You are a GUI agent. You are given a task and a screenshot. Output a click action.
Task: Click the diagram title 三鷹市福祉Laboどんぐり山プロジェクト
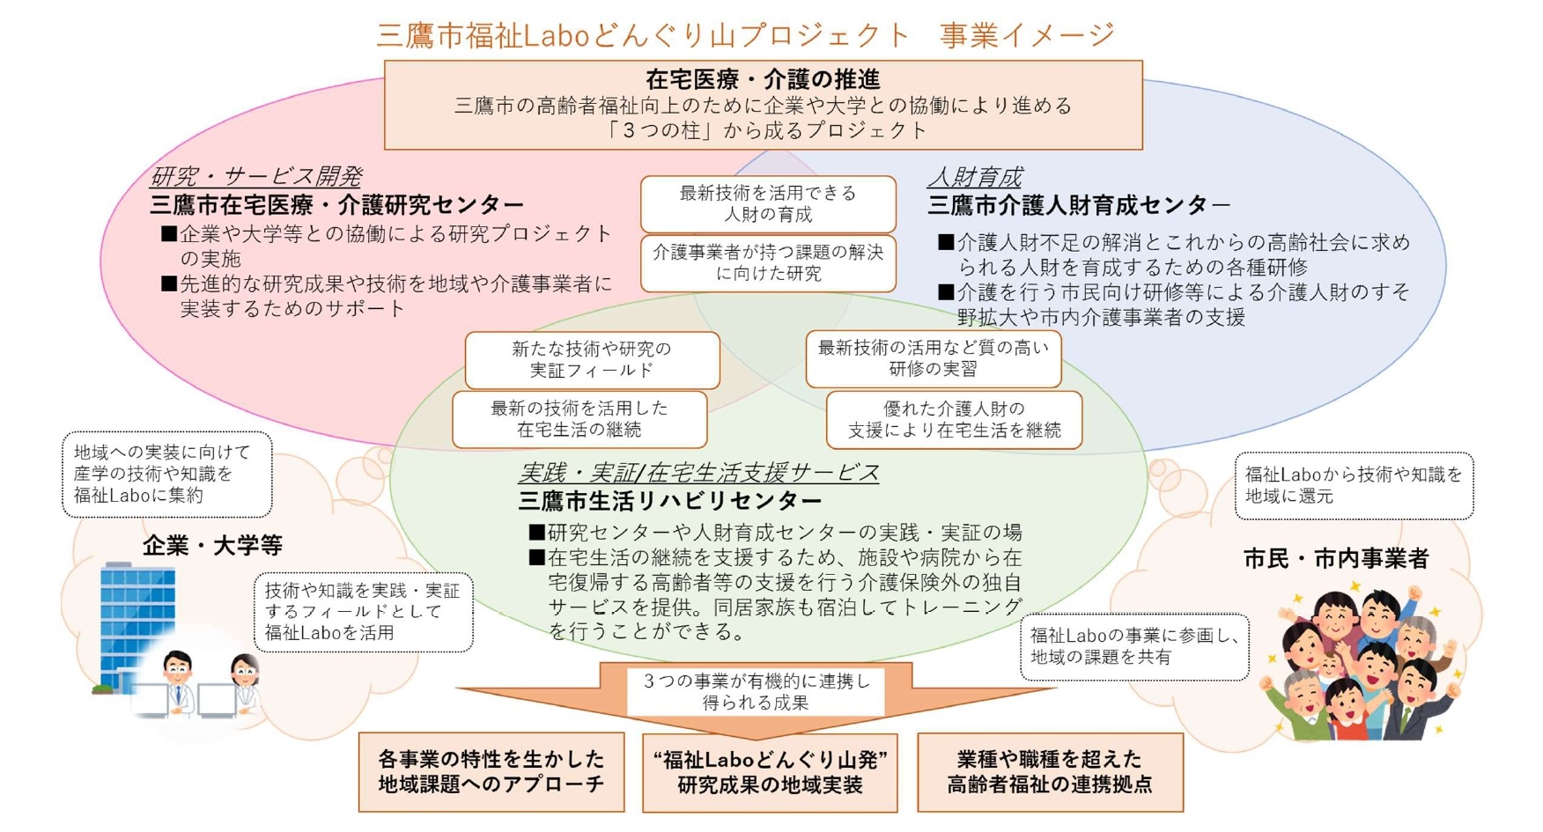pyautogui.click(x=643, y=35)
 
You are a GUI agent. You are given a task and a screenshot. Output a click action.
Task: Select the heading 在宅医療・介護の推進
pyautogui.click(x=763, y=79)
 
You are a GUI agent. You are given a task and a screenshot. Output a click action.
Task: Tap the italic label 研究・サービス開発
pyautogui.click(x=255, y=177)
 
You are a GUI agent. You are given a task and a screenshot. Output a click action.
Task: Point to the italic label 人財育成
pyautogui.click(x=975, y=178)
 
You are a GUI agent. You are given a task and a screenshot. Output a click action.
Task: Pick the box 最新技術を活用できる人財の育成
pyautogui.click(x=768, y=203)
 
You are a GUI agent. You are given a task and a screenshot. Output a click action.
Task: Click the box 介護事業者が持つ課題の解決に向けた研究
pyautogui.click(x=768, y=262)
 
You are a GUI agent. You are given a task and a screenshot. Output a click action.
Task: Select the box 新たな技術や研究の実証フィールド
pyautogui.click(x=592, y=359)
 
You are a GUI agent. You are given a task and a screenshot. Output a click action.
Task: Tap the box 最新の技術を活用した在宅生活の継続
pyautogui.click(x=580, y=419)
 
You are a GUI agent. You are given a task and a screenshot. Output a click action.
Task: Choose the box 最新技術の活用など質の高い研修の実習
pyautogui.click(x=934, y=358)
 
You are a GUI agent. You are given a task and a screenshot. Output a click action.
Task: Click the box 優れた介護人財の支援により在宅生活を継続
pyautogui.click(x=954, y=419)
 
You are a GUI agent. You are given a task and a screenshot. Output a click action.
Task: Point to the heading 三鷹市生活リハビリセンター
pyautogui.click(x=670, y=501)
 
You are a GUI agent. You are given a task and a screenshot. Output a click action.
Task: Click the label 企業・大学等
pyautogui.click(x=212, y=546)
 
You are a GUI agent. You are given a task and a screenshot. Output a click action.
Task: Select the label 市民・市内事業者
pyautogui.click(x=1335, y=558)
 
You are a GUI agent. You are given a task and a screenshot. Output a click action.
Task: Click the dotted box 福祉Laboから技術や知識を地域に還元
pyautogui.click(x=1354, y=485)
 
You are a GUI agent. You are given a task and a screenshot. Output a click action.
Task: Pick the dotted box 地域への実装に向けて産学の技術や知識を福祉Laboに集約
pyautogui.click(x=166, y=474)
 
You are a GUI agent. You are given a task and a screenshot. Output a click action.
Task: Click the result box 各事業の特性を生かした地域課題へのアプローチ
pyautogui.click(x=491, y=771)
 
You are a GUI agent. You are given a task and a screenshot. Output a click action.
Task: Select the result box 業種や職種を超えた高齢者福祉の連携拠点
pyautogui.click(x=1050, y=771)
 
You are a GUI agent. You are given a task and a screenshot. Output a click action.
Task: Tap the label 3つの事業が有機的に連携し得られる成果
pyautogui.click(x=756, y=692)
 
